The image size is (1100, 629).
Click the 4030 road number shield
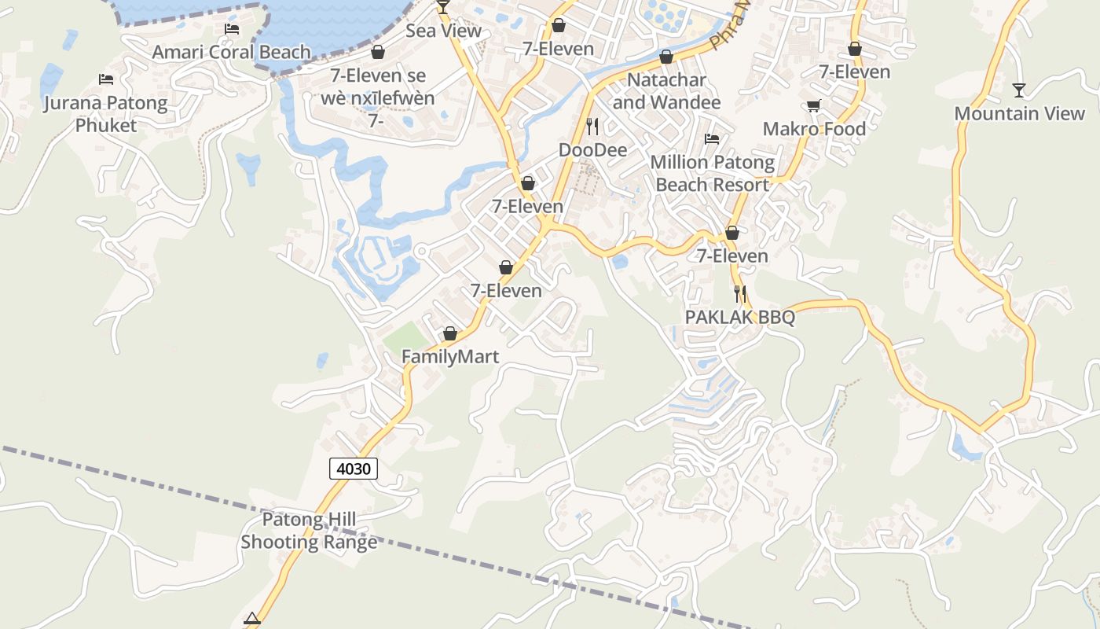point(353,469)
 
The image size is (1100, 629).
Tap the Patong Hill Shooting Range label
point(309,531)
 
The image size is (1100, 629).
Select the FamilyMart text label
point(450,357)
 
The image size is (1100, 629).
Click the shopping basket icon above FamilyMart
point(450,334)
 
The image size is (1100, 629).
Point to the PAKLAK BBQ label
point(740,317)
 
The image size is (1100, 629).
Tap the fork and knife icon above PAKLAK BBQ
point(740,294)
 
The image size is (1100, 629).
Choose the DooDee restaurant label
point(592,149)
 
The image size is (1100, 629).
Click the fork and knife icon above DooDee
point(592,126)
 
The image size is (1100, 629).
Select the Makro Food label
point(814,129)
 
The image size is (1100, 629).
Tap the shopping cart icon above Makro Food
point(814,105)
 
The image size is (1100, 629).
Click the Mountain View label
point(1019,113)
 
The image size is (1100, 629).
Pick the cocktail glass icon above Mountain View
point(1019,90)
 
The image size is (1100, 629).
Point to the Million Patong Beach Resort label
point(712,174)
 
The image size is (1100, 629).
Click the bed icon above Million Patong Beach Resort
point(712,139)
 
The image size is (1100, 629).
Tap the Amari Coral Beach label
point(232,52)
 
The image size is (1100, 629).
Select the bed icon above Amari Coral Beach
point(232,29)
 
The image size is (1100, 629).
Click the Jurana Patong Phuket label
point(106,114)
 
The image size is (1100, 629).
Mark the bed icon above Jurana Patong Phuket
point(106,79)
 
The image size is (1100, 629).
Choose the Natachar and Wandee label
point(666,91)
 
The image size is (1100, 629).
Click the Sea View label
point(443,31)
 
